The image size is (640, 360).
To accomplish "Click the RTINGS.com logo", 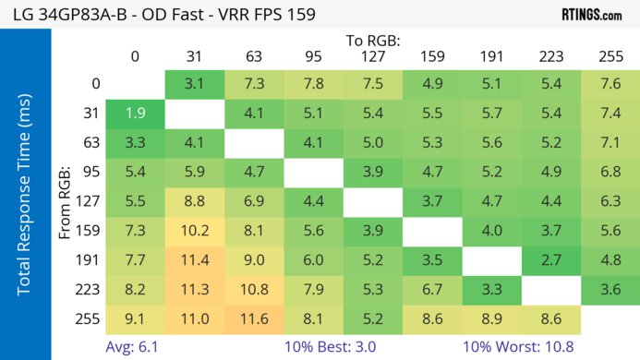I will click(x=591, y=14).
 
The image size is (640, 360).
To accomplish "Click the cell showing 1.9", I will click(x=135, y=114).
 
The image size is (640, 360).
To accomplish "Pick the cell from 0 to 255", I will click(x=610, y=85).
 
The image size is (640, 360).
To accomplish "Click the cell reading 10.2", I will click(x=194, y=229).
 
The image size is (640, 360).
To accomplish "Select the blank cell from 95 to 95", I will click(x=312, y=171).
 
